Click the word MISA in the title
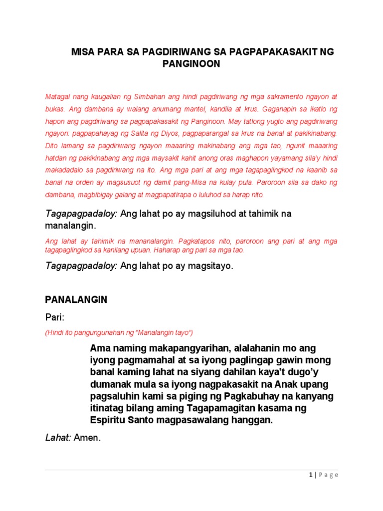[x=83, y=52]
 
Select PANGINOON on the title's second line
[x=191, y=64]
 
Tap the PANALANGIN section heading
[x=76, y=300]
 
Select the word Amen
[x=87, y=438]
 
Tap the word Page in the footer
[x=329, y=475]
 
